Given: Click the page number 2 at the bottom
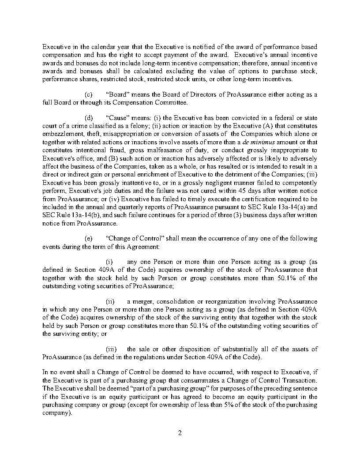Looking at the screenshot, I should pyautogui.click(x=180, y=432).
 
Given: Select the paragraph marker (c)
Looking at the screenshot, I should pyautogui.click(x=88, y=95).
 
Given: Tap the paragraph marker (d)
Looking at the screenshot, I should pyautogui.click(x=88, y=118).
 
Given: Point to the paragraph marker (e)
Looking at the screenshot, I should pyautogui.click(x=88, y=238).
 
